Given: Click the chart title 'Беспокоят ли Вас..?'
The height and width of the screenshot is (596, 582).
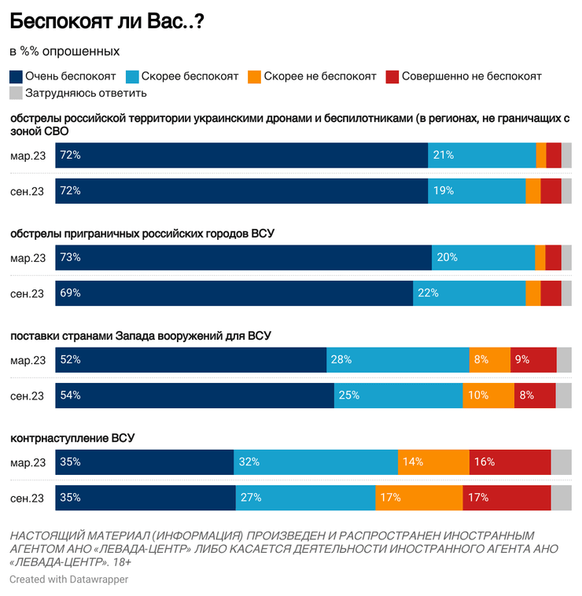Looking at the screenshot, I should [108, 21].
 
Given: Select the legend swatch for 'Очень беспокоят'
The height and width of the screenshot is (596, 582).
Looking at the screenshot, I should [16, 76].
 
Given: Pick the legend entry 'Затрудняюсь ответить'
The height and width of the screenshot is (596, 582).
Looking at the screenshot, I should [78, 94].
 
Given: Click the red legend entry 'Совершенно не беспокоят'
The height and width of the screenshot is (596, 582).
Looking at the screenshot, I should [463, 76].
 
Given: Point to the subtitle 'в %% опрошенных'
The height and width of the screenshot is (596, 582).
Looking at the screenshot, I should [64, 51].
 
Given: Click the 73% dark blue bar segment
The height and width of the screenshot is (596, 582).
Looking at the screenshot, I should [243, 258].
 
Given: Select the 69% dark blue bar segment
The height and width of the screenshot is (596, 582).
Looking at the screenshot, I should [234, 293].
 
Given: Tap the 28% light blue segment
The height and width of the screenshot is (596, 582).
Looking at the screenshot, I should [398, 360].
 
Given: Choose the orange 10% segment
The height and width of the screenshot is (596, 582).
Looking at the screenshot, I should [488, 395].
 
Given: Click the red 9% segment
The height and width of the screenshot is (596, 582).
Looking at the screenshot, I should [533, 360].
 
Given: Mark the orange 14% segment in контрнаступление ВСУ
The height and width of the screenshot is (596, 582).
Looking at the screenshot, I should [433, 462].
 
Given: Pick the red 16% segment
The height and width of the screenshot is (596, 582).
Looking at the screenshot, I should [510, 462].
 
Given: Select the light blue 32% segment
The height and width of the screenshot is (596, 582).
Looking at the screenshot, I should [315, 462].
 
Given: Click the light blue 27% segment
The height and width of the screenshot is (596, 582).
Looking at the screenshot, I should [305, 498].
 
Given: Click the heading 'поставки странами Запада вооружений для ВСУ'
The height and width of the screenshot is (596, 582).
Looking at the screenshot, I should [141, 336].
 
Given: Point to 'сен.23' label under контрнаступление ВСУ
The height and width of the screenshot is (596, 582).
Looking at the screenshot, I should [28, 498].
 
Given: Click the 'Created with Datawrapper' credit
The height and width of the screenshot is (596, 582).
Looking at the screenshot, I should [68, 579].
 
